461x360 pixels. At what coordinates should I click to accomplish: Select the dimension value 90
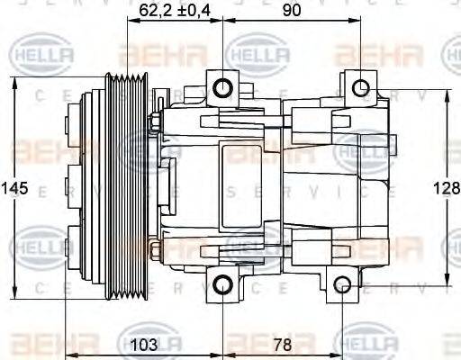point(291,12)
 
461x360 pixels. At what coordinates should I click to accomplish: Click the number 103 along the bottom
point(144,346)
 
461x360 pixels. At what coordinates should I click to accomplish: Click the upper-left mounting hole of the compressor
point(222,88)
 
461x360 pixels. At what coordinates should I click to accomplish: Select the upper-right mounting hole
point(360,88)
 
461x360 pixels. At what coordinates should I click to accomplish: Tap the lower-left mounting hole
point(222,286)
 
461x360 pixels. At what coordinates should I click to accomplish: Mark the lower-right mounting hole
point(342,286)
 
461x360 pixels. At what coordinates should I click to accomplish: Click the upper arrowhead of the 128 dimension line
point(446,94)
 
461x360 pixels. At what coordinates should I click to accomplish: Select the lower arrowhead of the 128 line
point(446,281)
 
